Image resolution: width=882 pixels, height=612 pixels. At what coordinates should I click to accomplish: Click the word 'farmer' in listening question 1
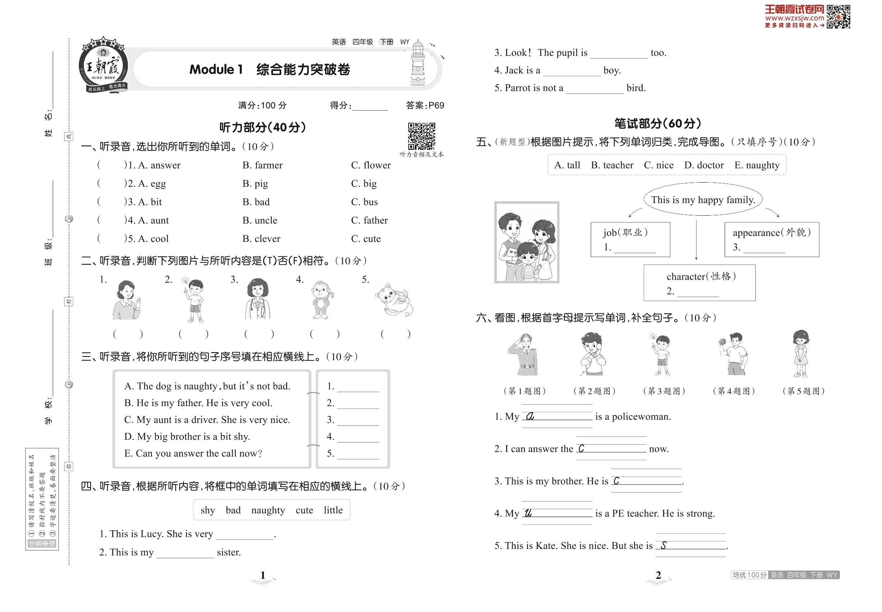point(268,165)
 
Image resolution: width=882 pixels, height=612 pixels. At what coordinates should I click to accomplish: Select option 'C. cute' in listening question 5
point(366,239)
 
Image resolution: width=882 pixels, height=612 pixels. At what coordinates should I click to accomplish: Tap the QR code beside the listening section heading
point(421,136)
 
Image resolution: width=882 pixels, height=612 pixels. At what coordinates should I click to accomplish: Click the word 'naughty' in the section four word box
point(268,510)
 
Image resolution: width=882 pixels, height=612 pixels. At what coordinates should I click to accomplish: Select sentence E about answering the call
point(193,453)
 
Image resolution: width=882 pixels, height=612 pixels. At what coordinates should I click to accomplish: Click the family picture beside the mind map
point(527,242)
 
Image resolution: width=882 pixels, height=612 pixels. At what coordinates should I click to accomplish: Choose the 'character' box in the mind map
point(699,283)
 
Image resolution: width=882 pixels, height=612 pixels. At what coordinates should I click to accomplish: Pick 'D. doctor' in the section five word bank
point(704,165)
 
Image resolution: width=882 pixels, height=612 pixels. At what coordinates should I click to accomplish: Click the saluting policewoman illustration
point(523,354)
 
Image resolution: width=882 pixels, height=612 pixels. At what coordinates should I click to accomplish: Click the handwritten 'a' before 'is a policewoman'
point(530,417)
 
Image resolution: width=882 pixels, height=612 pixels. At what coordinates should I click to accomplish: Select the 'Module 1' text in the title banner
point(216,69)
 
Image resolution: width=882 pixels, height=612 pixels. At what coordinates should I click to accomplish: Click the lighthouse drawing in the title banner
point(418,64)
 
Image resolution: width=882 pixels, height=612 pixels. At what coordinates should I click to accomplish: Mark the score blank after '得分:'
point(370,106)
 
